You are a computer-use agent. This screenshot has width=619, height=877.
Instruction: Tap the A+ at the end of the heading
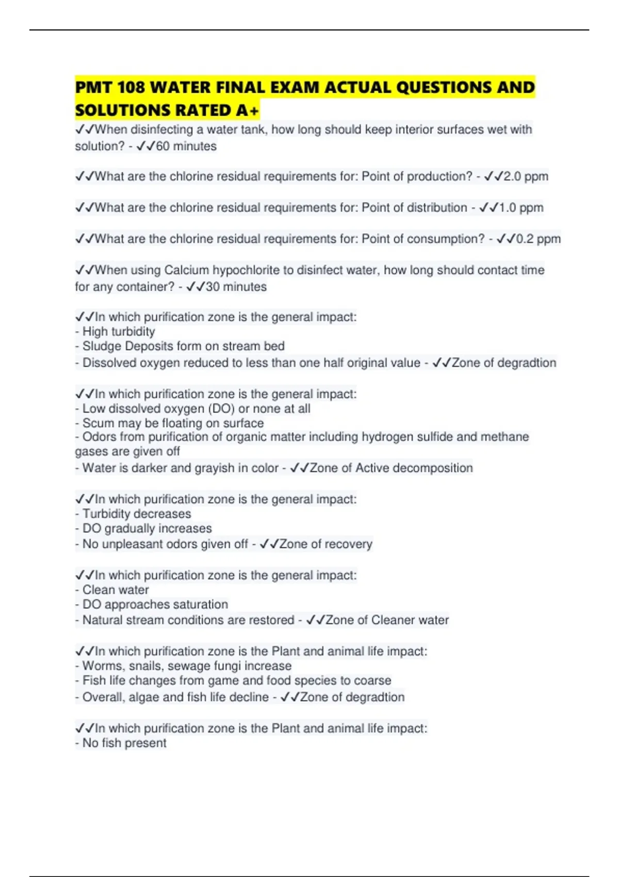248,110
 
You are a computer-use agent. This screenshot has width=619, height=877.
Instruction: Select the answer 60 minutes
186,147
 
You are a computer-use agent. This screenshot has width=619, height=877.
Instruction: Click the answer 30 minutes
236,287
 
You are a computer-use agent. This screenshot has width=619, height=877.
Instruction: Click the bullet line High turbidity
118,332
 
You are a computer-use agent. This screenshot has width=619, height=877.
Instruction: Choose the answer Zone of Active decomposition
391,468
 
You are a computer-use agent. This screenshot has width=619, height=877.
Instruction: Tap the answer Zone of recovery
325,544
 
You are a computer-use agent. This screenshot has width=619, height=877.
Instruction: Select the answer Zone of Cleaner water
387,620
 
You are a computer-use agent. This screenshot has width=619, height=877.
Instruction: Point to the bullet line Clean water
115,590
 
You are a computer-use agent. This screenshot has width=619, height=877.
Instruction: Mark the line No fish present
124,743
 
